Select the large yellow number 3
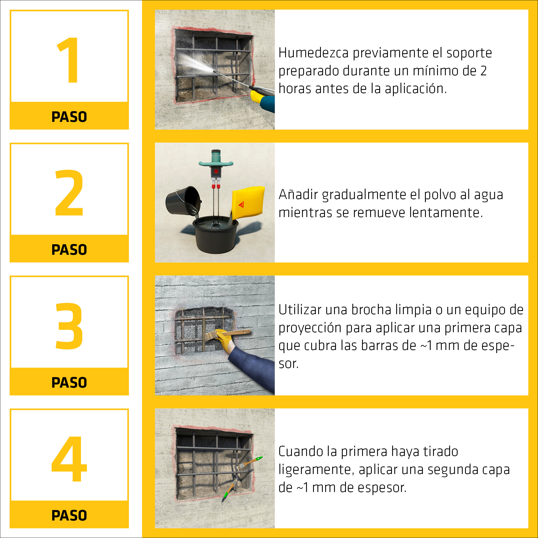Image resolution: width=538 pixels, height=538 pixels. click(69, 325)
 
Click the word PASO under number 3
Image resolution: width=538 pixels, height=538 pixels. click(69, 383)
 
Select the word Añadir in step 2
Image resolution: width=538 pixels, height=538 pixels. click(298, 195)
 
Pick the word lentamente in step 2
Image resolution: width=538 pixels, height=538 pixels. click(445, 213)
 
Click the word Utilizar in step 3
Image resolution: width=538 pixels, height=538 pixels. click(300, 310)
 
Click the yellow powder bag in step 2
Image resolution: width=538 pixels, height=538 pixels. click(247, 203)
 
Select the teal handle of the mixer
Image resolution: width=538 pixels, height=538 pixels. click(216, 163)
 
